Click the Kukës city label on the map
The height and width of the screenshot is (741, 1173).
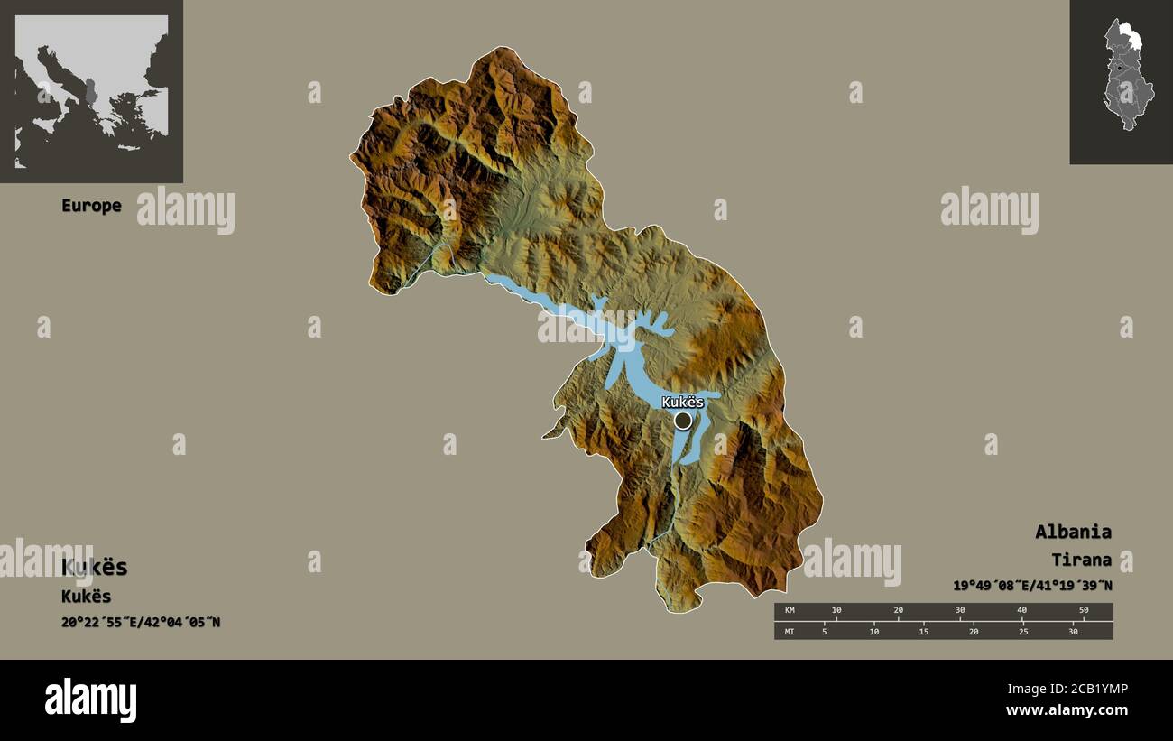pos(682,402)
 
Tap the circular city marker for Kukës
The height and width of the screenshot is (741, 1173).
pos(683,420)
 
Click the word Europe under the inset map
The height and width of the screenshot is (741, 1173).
pos(91,206)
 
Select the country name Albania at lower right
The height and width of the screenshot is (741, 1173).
pos(1073,532)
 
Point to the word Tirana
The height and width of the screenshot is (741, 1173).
pos(1081,560)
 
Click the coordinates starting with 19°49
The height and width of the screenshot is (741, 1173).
pos(1032,585)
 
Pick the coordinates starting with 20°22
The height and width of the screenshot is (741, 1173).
pos(141,622)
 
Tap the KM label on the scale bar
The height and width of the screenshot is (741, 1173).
pos(790,611)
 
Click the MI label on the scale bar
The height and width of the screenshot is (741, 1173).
pos(790,631)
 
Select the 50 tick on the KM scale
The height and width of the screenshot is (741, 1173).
pos(1084,611)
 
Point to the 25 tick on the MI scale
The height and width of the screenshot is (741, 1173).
pos(1023,631)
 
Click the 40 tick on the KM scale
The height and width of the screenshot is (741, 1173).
pos(1021,611)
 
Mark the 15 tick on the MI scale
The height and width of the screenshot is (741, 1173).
pos(924,631)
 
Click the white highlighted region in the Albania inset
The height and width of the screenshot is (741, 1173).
pos(1128,38)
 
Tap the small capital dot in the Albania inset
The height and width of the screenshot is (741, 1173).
pos(1119,68)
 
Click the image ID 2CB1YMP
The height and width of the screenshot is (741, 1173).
pos(1094,689)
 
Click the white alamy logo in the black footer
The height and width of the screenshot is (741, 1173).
pos(90,700)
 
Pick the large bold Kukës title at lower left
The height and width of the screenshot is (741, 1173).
pos(95,568)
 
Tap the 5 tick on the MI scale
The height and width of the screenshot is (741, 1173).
pos(824,631)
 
